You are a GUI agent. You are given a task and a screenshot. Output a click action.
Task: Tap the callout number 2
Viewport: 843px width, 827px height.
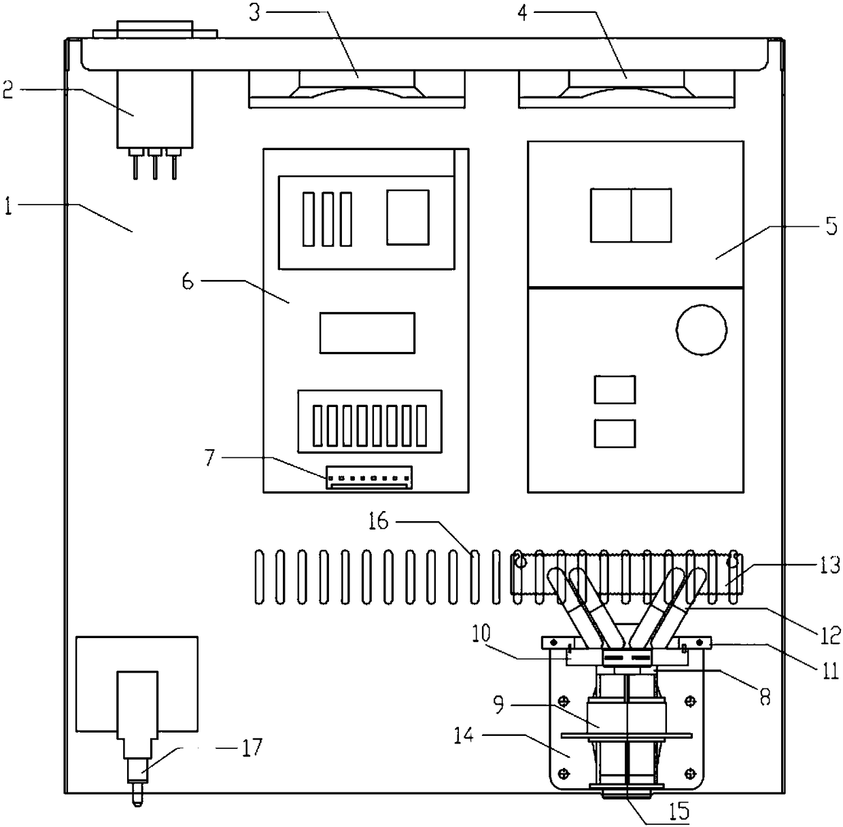click(8, 90)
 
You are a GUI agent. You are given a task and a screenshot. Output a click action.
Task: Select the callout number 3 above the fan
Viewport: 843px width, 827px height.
click(255, 14)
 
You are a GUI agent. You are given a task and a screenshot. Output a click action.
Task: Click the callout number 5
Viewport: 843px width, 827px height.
click(831, 226)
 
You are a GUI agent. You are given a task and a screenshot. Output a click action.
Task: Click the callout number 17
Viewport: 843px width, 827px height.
click(252, 750)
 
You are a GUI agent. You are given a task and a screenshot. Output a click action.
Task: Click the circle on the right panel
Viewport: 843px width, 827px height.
click(702, 330)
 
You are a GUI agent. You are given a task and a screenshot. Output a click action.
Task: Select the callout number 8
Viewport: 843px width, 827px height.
click(765, 698)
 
